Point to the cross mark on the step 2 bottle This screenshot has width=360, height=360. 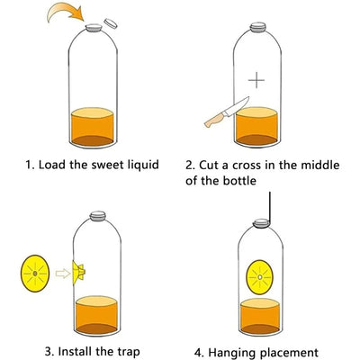257,80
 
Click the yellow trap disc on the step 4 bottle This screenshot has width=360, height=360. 259,274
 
